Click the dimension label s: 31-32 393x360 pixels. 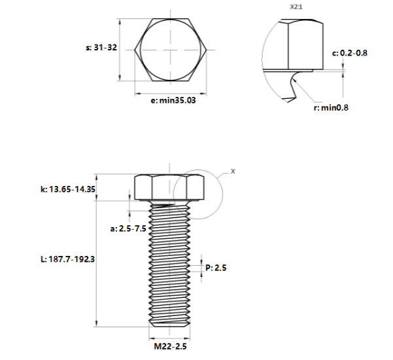coord(101,47)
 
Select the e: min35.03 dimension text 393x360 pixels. coord(173,100)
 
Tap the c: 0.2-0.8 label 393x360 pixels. coord(350,53)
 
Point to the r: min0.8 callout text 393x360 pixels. coord(331,107)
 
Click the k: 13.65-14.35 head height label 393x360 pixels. coord(68,189)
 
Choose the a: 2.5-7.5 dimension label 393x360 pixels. coord(128,228)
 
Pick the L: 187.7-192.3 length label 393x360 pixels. coord(67,259)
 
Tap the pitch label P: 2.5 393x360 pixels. coord(216,268)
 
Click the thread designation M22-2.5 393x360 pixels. coord(170,346)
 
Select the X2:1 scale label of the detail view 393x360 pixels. coord(296,7)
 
